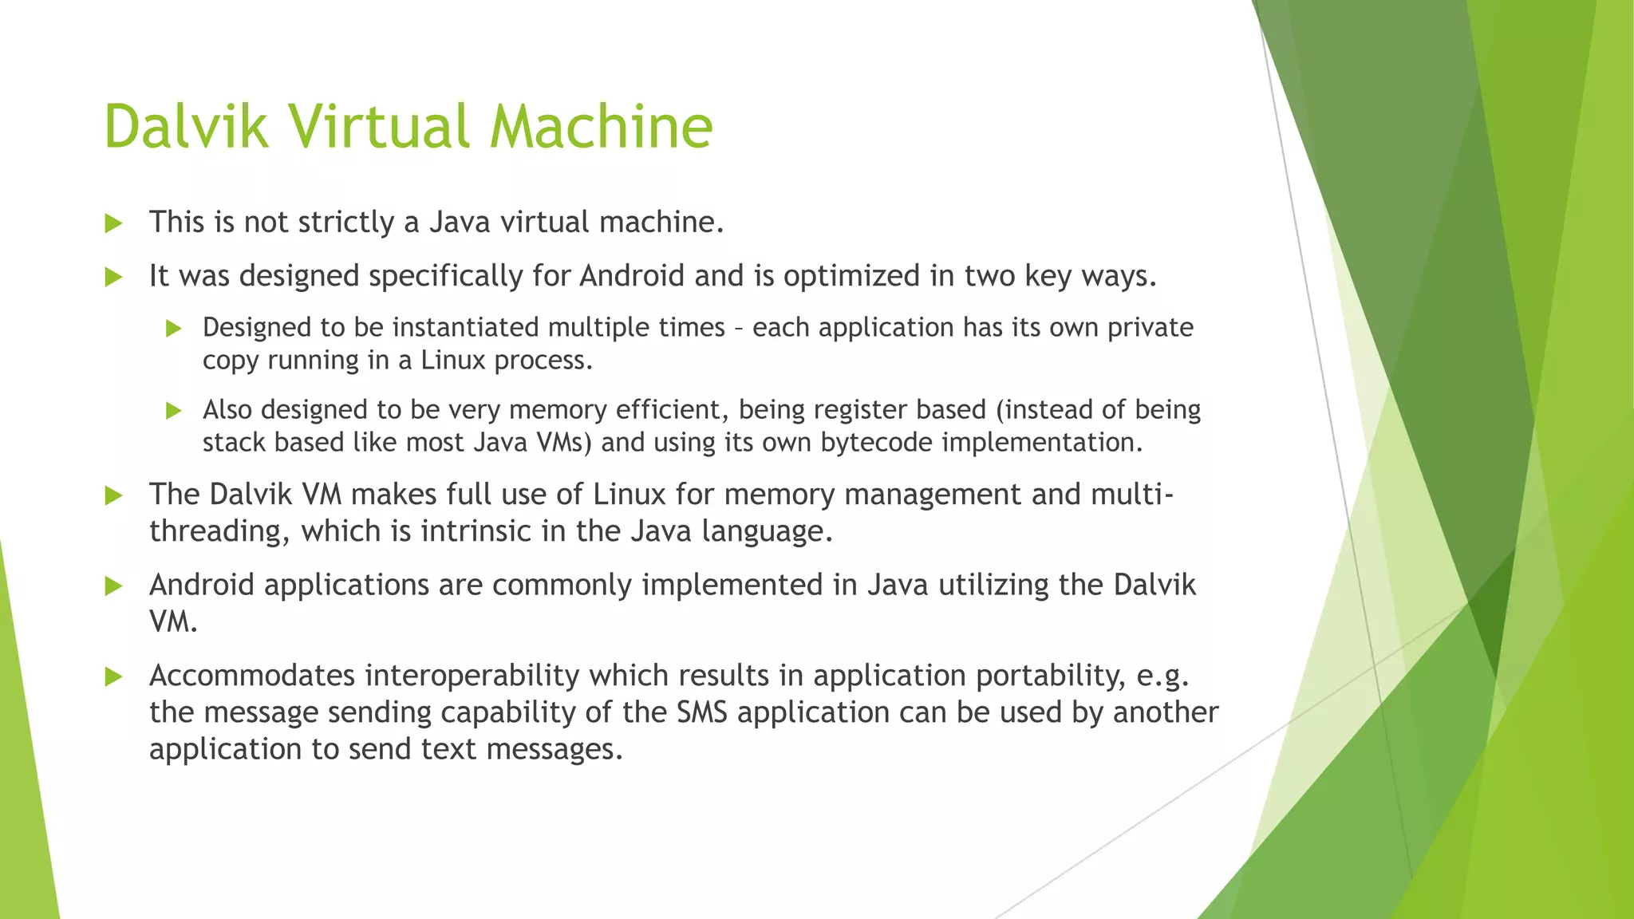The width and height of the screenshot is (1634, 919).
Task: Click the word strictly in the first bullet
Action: [345, 222]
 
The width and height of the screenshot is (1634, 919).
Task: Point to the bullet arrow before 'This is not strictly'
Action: [113, 223]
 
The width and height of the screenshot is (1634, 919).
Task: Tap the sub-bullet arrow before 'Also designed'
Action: [174, 411]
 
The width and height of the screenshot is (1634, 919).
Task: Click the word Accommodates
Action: [252, 676]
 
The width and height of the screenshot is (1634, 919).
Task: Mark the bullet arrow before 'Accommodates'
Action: [113, 677]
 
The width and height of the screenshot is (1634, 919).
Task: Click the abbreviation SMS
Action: [702, 712]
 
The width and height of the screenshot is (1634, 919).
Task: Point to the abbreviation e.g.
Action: [1162, 676]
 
